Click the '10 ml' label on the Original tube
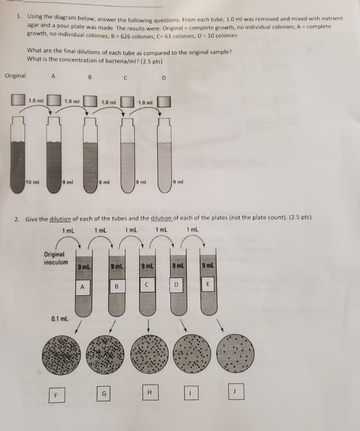31,182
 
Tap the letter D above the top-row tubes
163,78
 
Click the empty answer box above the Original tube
18,101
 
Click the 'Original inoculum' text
55,259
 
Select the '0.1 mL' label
60,319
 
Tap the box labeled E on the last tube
209,285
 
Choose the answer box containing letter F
54,395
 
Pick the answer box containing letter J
236,391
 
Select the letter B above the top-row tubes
89,77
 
